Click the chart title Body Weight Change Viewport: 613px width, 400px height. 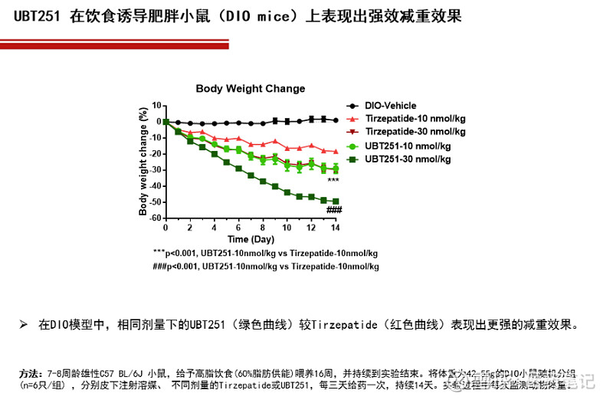[250, 89]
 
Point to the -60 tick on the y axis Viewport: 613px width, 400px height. [156, 218]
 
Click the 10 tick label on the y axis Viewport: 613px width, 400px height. [157, 105]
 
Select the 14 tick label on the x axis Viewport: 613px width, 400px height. [335, 228]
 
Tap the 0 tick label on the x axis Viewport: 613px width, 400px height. [166, 228]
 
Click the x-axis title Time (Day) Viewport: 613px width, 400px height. [250, 239]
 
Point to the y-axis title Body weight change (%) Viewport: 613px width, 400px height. [143, 162]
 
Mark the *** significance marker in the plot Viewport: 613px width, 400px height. [333, 181]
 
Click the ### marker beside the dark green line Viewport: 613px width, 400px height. [333, 211]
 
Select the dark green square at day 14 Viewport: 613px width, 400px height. [335, 202]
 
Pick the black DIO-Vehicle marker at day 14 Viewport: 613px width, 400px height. [335, 120]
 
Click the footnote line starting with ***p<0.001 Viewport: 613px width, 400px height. [265, 253]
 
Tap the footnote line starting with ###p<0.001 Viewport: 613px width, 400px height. [265, 267]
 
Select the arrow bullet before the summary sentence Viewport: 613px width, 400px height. [24, 324]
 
